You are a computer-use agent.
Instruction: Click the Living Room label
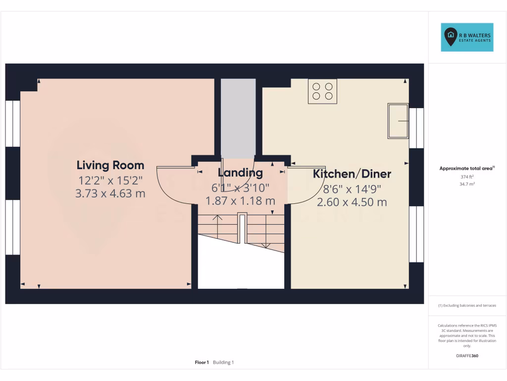tap(110, 165)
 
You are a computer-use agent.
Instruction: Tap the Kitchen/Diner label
tap(352, 174)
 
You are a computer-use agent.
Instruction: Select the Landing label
tap(240, 173)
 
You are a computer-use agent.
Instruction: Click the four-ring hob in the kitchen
tap(322, 91)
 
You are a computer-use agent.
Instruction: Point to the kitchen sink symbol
tap(398, 121)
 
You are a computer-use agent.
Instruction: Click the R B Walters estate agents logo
tap(467, 37)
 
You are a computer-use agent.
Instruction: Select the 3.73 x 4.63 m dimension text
tap(110, 193)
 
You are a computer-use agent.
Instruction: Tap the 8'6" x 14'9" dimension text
tap(352, 189)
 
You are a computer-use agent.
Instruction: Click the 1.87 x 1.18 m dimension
tap(240, 201)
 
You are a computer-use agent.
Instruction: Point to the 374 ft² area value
tap(467, 177)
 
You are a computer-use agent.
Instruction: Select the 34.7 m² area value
tap(467, 184)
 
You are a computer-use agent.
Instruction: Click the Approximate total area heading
tap(466, 169)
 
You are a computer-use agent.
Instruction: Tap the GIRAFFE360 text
tap(467, 356)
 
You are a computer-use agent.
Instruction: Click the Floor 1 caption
tap(202, 363)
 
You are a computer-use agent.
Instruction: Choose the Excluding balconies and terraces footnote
tap(467, 306)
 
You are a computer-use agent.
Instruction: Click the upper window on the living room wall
tap(13, 124)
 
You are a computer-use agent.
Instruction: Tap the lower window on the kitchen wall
tap(416, 234)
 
